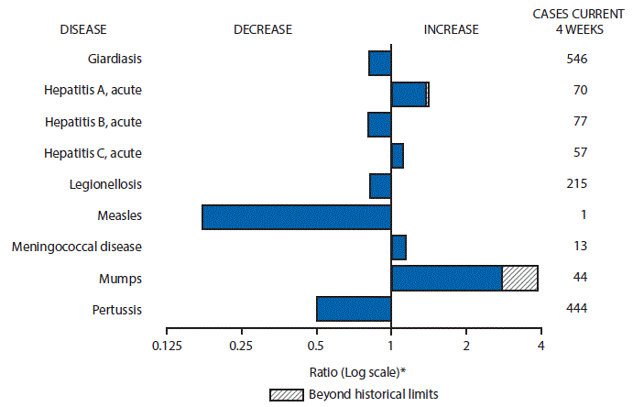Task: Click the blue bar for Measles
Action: [296, 216]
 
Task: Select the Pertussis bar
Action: [354, 309]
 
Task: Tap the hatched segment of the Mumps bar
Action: [519, 278]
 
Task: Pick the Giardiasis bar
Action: [379, 63]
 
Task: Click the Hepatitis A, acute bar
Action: [409, 94]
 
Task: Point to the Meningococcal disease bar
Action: [398, 247]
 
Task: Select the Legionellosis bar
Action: [380, 185]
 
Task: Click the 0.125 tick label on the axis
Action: [166, 346]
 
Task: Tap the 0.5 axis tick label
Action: [316, 346]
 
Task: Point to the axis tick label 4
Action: [541, 346]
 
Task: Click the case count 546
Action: [576, 60]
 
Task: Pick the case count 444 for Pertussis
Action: [576, 309]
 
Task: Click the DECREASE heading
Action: [263, 29]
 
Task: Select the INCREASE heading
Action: [451, 29]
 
